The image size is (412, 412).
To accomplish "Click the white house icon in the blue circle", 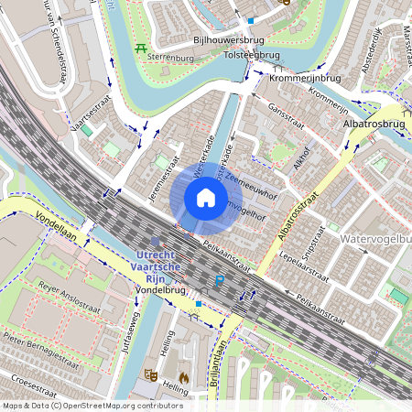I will (206, 198).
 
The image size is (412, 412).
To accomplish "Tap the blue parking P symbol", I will (219, 281).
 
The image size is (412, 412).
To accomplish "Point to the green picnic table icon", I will (140, 48).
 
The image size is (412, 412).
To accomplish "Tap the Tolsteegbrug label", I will (252, 55).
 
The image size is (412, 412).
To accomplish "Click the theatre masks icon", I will (150, 374).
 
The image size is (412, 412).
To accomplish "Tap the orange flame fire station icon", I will (183, 375).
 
